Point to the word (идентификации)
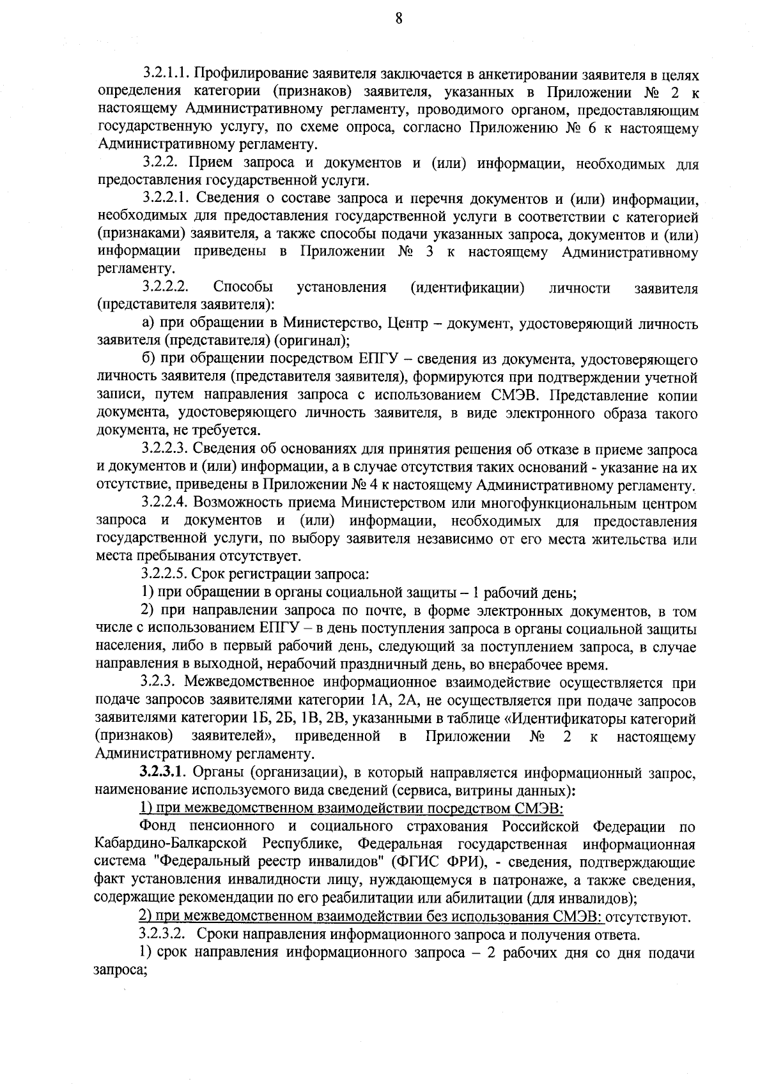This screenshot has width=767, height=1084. [467, 287]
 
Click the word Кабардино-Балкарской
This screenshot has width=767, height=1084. [169, 844]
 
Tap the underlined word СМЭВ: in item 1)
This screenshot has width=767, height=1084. [543, 809]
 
